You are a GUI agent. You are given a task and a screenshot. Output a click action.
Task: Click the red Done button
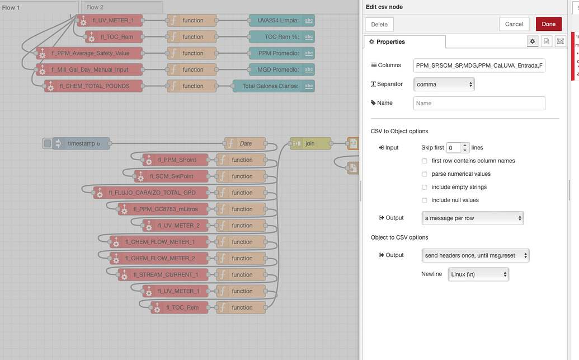pyautogui.click(x=548, y=24)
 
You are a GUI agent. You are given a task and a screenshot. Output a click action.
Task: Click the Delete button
pyautogui.click(x=379, y=24)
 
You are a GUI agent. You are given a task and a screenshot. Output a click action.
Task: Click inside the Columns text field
pyautogui.click(x=479, y=66)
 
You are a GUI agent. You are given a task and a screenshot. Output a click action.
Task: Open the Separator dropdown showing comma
pyautogui.click(x=444, y=85)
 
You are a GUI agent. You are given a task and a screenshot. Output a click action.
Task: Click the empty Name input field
pyautogui.click(x=479, y=103)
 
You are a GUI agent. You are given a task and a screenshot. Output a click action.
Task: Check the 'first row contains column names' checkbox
pyautogui.click(x=425, y=161)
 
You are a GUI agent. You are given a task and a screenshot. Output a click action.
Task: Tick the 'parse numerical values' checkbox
pyautogui.click(x=425, y=174)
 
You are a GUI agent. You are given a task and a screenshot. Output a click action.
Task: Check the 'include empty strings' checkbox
pyautogui.click(x=425, y=187)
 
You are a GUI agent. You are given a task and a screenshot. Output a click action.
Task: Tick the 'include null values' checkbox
pyautogui.click(x=425, y=200)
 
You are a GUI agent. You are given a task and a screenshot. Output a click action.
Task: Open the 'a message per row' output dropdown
pyautogui.click(x=473, y=218)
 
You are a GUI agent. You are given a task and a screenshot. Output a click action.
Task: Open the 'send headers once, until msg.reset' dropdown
pyautogui.click(x=476, y=255)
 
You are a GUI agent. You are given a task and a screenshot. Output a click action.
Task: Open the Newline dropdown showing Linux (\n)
pyautogui.click(x=478, y=274)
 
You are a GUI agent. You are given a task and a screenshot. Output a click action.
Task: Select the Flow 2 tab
pyautogui.click(x=95, y=7)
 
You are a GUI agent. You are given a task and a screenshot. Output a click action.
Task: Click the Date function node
pyautogui.click(x=245, y=143)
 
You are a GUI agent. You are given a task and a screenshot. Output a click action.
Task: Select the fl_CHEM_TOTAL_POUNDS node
pyautogui.click(x=94, y=86)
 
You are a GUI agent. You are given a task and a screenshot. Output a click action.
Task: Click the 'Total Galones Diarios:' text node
pyautogui.click(x=273, y=86)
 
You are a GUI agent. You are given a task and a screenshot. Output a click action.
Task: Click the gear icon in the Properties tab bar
pyautogui.click(x=533, y=41)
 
